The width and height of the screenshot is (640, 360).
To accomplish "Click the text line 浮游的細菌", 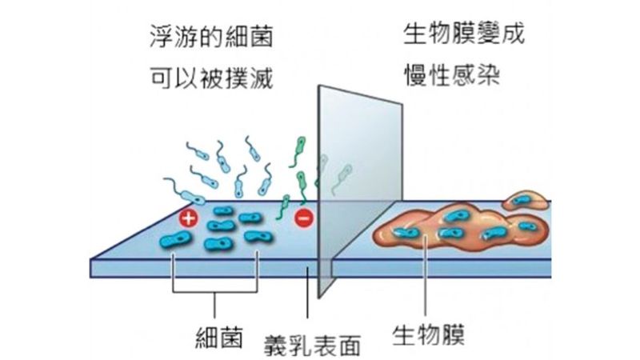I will pyautogui.click(x=211, y=38).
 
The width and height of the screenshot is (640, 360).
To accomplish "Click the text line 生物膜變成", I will pyautogui.click(x=464, y=36).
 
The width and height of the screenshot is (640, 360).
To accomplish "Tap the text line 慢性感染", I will pyautogui.click(x=451, y=76).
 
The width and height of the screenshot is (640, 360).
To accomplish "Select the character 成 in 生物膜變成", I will pyautogui.click(x=512, y=36).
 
